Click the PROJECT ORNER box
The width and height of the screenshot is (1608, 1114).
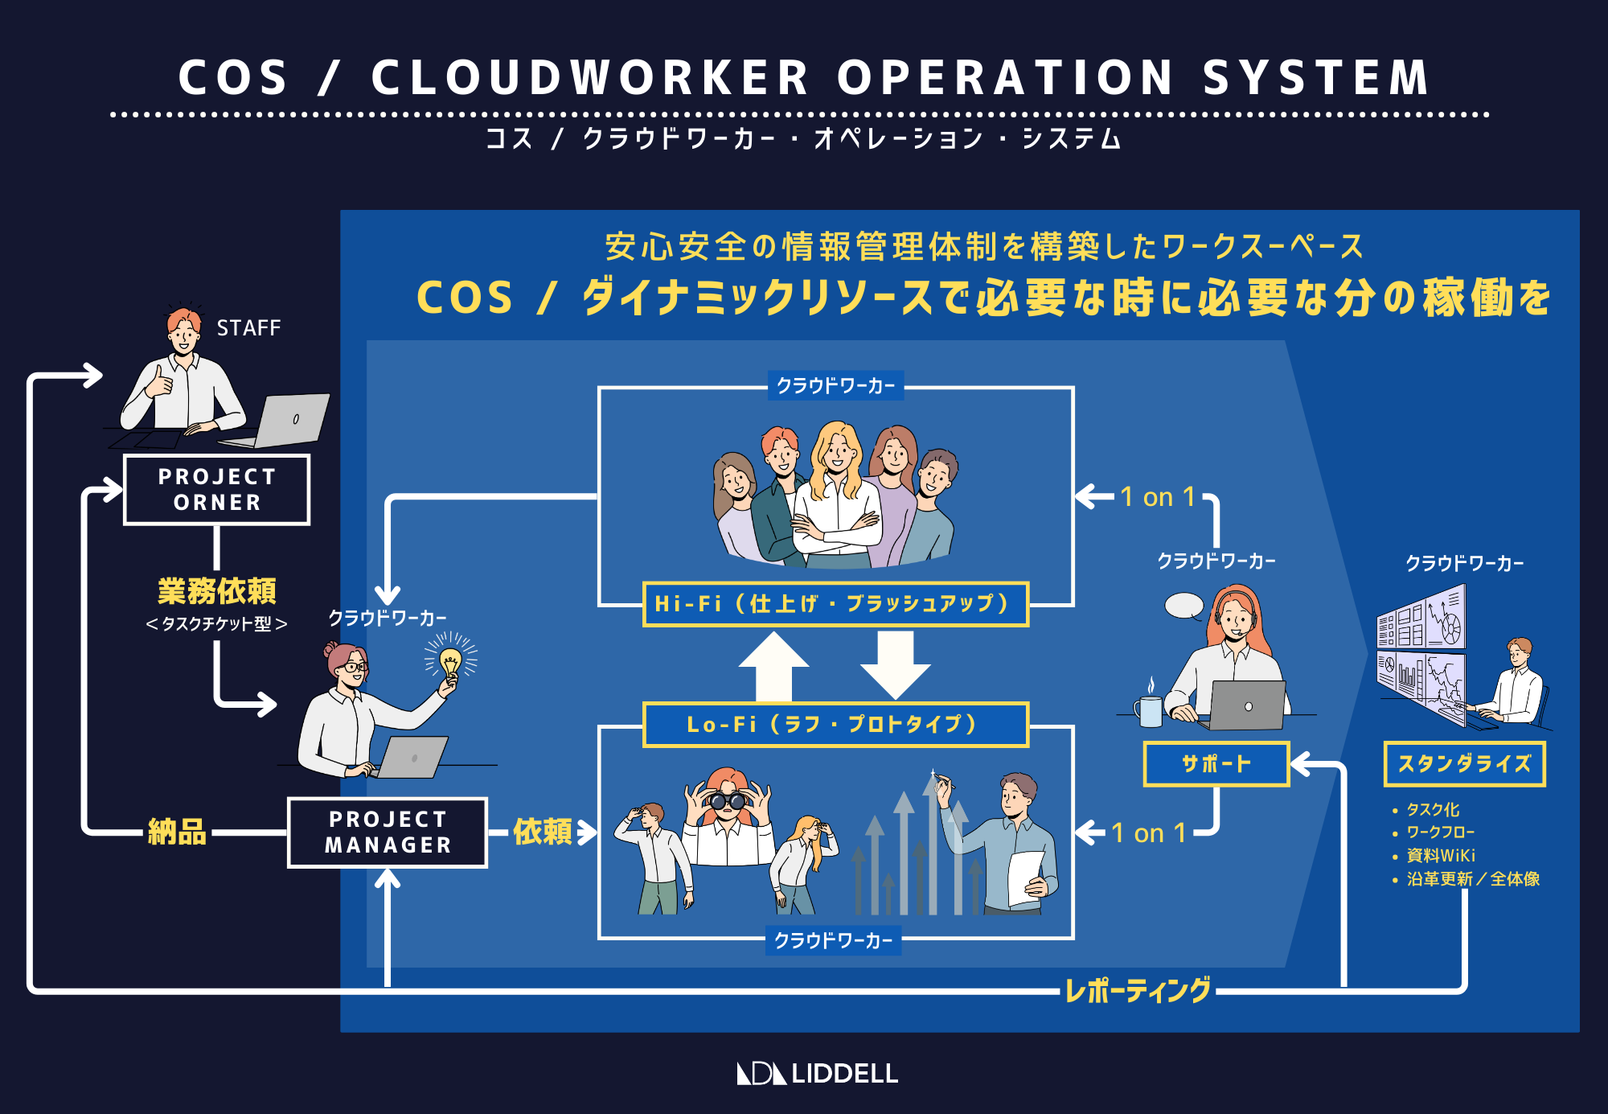pos(216,490)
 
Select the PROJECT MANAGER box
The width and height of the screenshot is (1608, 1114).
pos(388,832)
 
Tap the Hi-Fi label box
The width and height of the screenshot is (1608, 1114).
pos(835,604)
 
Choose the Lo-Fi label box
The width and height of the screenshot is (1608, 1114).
pos(835,725)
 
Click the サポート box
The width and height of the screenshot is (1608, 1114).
pos(1216,763)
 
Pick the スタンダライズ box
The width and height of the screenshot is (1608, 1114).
pos(1464,763)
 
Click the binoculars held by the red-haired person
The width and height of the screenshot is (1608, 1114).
pos(726,800)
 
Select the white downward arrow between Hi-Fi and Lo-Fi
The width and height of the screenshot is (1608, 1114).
pos(895,664)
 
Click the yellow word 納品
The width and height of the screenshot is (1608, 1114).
pos(177,832)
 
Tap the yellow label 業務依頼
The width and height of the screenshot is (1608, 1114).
pos(216,591)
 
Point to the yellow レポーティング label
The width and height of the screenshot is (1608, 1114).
pos(1137,990)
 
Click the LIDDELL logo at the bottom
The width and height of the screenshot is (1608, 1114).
pos(818,1073)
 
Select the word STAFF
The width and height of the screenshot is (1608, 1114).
pos(248,328)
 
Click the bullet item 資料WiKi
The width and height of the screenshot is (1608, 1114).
pos(1441,856)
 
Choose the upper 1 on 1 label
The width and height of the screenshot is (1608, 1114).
pos(1157,497)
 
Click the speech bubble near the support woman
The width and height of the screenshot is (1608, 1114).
pos(1184,606)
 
